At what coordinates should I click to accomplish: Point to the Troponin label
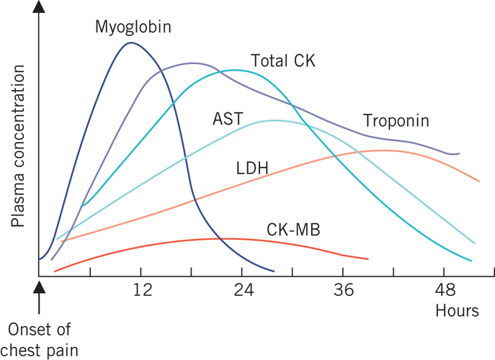tap(396, 121)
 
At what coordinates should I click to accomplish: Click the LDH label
tap(252, 169)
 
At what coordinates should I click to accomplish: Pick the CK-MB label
tap(292, 230)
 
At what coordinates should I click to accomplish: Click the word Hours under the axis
tap(457, 311)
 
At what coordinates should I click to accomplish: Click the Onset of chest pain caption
tap(43, 339)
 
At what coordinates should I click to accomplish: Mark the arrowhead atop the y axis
tap(40, 9)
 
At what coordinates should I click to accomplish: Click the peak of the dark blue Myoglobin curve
tap(130, 43)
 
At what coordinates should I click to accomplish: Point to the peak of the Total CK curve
tap(233, 70)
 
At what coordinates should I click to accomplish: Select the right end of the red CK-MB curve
tap(368, 258)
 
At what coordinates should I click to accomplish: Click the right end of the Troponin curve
tap(459, 153)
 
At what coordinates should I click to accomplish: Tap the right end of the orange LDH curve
tap(479, 181)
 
